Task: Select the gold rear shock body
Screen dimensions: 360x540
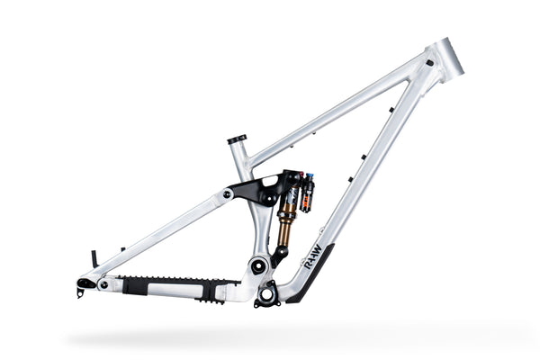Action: (285, 226)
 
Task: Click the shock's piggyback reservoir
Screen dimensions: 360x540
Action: (308, 192)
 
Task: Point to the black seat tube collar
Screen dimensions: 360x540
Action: (237, 139)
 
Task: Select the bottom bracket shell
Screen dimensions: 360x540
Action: (267, 293)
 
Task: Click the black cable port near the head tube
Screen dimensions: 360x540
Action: (429, 63)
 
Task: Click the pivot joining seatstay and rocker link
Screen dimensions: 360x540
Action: (229, 193)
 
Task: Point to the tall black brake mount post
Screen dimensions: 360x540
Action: (93, 259)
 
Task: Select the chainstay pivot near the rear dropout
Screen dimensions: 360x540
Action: (105, 284)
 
